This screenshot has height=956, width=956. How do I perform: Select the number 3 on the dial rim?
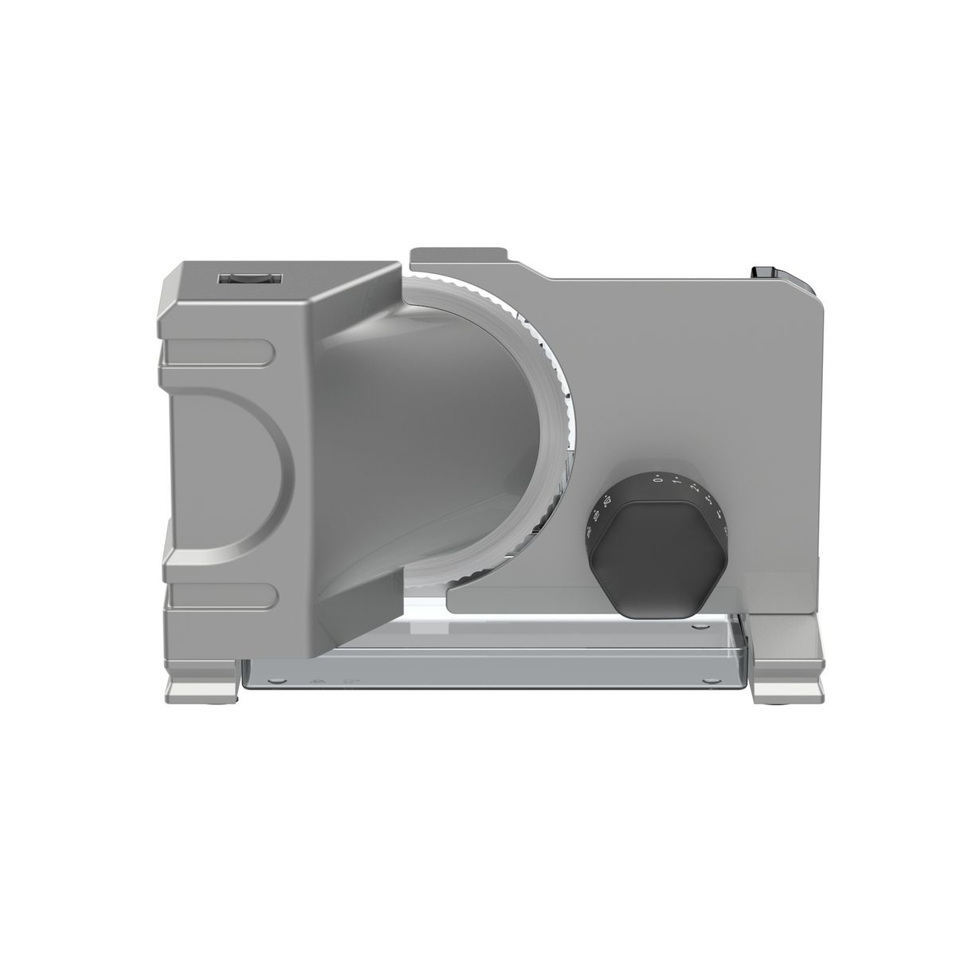[x=709, y=500]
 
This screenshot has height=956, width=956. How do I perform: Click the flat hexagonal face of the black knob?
[x=660, y=558]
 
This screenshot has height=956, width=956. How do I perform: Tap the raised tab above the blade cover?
[x=458, y=255]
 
